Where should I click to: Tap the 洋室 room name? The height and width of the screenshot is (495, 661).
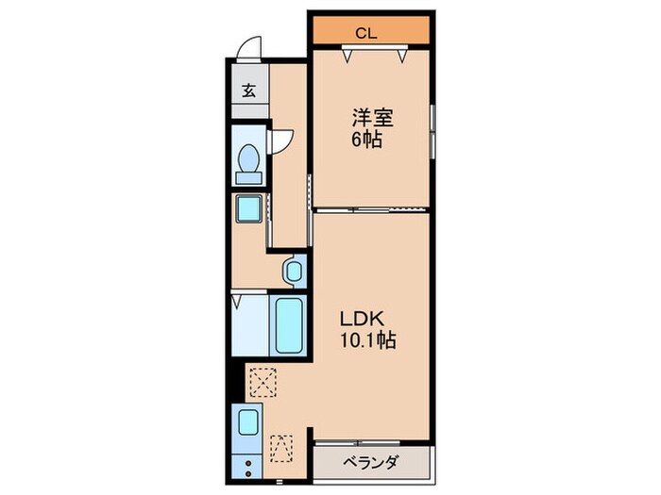tap(373, 119)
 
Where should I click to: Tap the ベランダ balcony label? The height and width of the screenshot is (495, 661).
tap(370, 463)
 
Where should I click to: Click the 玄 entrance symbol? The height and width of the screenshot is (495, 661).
tap(248, 91)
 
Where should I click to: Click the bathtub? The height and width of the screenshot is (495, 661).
tap(289, 323)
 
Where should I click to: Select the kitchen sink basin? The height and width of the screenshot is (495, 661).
tap(248, 422)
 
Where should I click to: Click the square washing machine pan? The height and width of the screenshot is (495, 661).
tap(249, 208)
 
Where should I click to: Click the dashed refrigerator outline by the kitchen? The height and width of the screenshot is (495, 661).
tap(281, 449)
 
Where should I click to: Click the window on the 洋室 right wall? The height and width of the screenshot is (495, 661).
tap(432, 132)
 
